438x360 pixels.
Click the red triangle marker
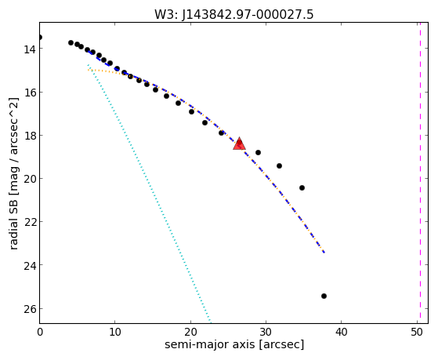(239, 144)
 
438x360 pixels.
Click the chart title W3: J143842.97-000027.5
(233, 15)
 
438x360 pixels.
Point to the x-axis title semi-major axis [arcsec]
(234, 344)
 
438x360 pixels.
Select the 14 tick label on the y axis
(29, 49)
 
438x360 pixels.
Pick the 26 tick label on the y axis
(29, 309)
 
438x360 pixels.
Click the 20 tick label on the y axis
(29, 179)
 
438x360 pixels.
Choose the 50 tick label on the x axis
(417, 332)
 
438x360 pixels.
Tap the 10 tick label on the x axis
(115, 332)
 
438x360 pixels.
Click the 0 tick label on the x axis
(40, 332)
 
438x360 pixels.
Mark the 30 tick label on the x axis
(266, 332)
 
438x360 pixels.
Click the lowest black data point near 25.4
(324, 296)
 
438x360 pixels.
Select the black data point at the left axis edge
(40, 37)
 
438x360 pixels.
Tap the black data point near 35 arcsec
(302, 187)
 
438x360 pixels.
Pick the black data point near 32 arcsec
(279, 165)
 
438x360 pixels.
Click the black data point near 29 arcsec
(258, 152)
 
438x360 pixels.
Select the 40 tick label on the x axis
(341, 332)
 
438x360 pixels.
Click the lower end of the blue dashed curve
(324, 253)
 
